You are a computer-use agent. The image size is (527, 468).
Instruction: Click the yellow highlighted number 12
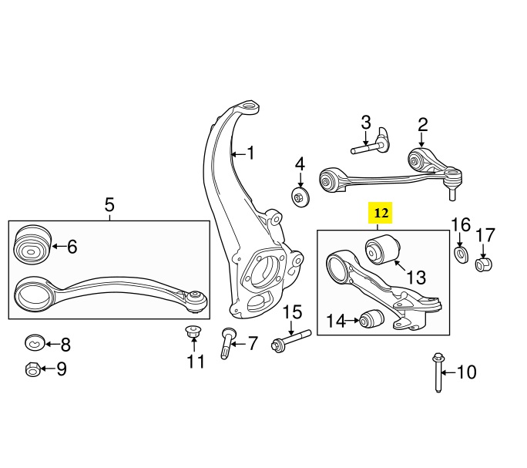point(381,213)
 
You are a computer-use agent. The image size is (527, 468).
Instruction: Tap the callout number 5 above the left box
point(109,204)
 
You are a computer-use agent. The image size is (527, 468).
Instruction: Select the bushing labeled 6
point(32,245)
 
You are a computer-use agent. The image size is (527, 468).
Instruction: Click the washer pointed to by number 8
point(35,343)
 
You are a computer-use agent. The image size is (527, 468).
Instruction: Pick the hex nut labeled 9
point(33,369)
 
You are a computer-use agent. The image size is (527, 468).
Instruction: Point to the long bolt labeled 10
point(438,372)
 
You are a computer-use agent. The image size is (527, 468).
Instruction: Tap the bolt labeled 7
point(227,343)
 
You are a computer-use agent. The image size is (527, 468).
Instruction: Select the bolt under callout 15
point(291,341)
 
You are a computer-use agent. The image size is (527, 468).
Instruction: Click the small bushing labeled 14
point(371,318)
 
